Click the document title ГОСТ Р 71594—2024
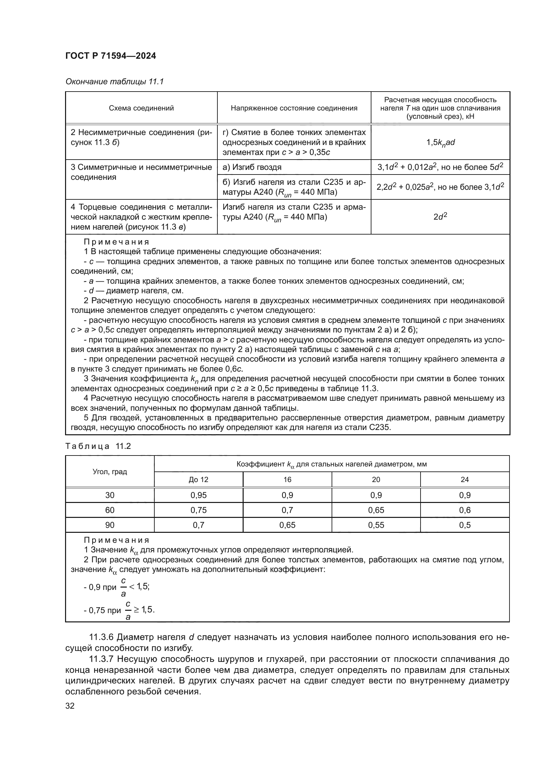(x=111, y=56)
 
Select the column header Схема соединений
(x=141, y=108)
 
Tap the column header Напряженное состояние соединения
(x=294, y=108)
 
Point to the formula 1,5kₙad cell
(x=440, y=143)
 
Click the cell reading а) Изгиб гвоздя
(x=252, y=167)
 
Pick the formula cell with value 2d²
(x=440, y=217)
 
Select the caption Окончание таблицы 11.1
(x=114, y=82)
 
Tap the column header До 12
(x=198, y=480)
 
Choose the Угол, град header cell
(x=110, y=472)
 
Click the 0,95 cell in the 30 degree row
(x=198, y=495)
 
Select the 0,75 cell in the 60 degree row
(x=198, y=510)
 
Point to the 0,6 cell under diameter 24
(x=464, y=510)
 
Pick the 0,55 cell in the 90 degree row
(x=376, y=525)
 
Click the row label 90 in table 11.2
(x=110, y=525)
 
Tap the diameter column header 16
(x=287, y=480)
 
